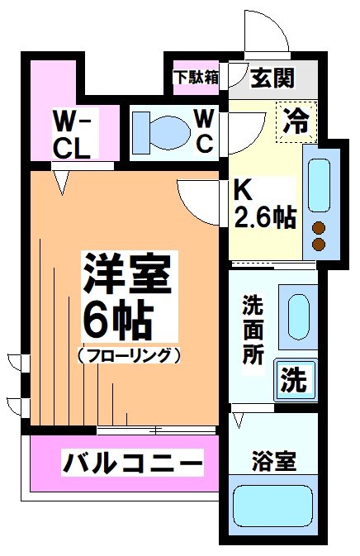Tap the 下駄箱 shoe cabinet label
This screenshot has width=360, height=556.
coord(197,77)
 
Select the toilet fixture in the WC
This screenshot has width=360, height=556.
coord(160,130)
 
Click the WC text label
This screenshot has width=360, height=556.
coord(205,131)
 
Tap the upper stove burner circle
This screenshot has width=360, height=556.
coord(318,228)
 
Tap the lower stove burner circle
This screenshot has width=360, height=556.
coord(318,245)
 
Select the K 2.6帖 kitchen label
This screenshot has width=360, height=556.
coord(263,206)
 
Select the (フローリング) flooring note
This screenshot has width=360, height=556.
coord(129,356)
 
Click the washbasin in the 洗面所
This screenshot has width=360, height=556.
coord(298,312)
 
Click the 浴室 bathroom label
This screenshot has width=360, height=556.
coord(273,461)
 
